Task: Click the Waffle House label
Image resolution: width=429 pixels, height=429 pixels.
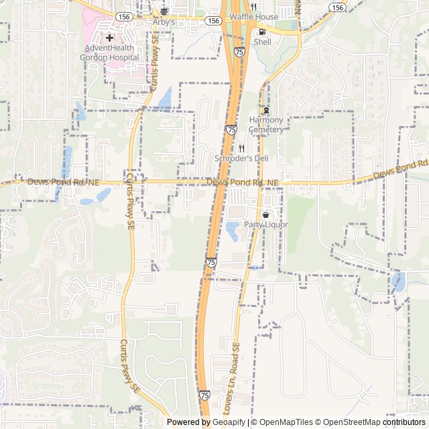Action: click(x=253, y=17)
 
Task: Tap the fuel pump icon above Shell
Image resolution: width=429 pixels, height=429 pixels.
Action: click(x=261, y=32)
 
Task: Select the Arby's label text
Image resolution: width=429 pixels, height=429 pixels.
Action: click(x=164, y=22)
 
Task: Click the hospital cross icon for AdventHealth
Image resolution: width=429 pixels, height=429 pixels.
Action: click(x=109, y=38)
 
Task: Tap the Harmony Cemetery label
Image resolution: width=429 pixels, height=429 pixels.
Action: click(x=266, y=125)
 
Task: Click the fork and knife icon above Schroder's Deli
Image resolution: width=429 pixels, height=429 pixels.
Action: click(x=241, y=148)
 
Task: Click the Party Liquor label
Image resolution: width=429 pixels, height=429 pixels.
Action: click(x=265, y=225)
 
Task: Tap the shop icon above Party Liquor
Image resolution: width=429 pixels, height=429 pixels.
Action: click(x=266, y=214)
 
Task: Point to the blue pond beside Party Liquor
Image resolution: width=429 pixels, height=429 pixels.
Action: click(x=233, y=231)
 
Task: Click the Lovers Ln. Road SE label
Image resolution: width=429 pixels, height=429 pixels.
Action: click(x=233, y=379)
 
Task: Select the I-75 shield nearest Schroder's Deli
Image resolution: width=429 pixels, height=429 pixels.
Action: click(x=231, y=130)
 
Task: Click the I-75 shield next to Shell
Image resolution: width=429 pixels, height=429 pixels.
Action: click(x=239, y=52)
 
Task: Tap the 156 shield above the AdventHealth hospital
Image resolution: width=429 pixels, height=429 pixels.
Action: click(x=122, y=16)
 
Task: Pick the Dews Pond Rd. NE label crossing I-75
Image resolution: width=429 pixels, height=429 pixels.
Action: click(x=242, y=182)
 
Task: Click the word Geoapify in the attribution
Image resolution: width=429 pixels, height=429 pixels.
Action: click(x=229, y=422)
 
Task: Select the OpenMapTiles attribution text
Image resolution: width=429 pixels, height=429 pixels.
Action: click(x=285, y=422)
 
